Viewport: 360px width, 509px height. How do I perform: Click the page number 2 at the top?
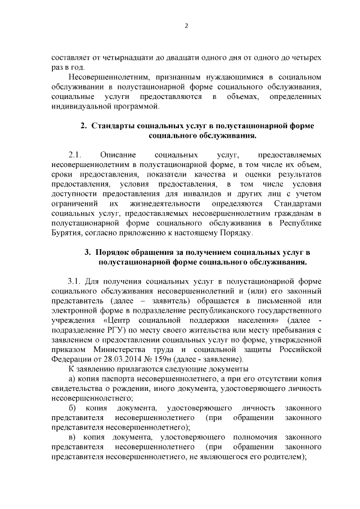186,25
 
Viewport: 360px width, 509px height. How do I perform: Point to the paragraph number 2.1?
75,154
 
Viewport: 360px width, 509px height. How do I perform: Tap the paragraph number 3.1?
75,280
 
